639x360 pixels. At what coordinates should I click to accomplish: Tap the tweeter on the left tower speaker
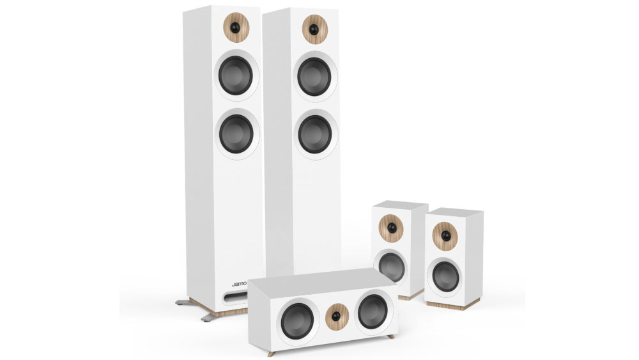pos(235,27)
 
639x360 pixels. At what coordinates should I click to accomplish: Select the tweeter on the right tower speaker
pos(314,29)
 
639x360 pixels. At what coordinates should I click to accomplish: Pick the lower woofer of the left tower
pos(236,133)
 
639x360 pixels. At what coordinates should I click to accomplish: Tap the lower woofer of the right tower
pos(315,134)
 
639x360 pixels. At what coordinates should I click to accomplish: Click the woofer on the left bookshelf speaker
pos(391,266)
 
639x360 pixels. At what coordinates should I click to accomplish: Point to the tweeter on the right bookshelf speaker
pos(445,236)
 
